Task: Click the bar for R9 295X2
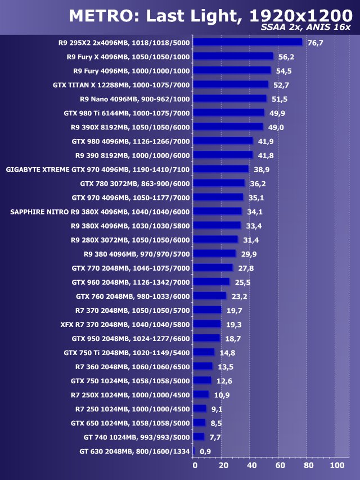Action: (x=248, y=42)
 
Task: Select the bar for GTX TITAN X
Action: (x=231, y=84)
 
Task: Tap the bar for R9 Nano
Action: (x=229, y=98)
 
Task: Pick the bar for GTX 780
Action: (x=219, y=183)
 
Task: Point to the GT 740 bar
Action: (x=199, y=436)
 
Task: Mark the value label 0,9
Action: (x=205, y=451)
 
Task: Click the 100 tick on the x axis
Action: (x=336, y=466)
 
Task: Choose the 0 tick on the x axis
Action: (x=195, y=466)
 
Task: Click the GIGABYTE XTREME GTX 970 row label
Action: (x=98, y=169)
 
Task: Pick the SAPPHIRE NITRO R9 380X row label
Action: (x=100, y=212)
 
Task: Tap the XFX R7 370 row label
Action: (x=125, y=324)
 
